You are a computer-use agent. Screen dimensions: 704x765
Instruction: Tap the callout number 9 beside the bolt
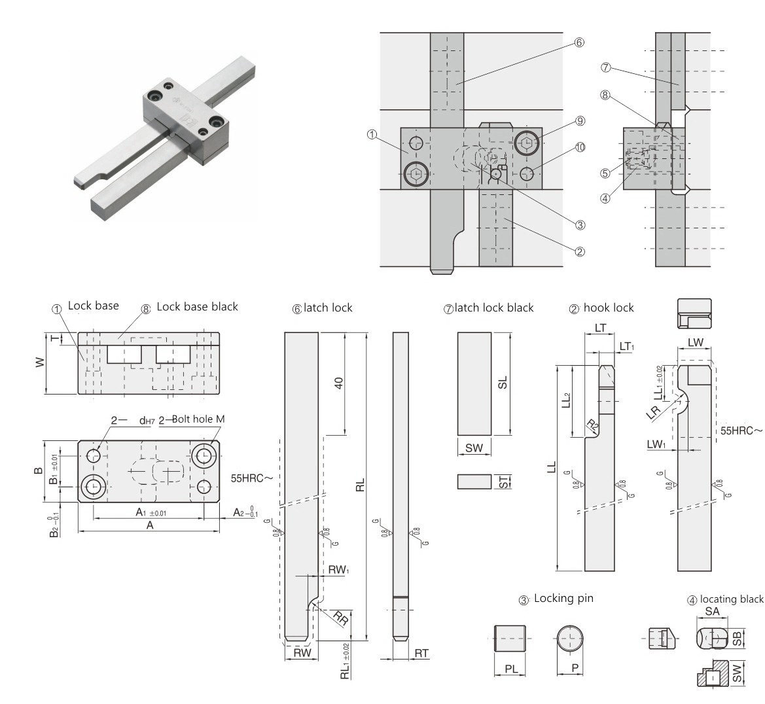(580, 120)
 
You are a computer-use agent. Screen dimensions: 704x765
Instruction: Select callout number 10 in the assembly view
(580, 147)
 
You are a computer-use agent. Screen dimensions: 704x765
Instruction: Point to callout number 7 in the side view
(605, 67)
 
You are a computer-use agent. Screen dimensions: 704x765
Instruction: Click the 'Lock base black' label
(197, 306)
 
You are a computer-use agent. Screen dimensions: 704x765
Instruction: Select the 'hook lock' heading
(609, 308)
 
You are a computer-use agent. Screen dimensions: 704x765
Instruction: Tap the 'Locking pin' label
(563, 598)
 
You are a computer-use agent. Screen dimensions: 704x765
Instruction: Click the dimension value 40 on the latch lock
(339, 383)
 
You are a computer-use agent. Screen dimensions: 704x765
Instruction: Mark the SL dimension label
(503, 383)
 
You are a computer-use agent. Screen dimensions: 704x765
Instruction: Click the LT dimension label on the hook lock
(599, 327)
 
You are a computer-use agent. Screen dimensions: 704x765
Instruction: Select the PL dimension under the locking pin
(511, 669)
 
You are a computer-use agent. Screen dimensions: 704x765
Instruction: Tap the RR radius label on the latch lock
(340, 617)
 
